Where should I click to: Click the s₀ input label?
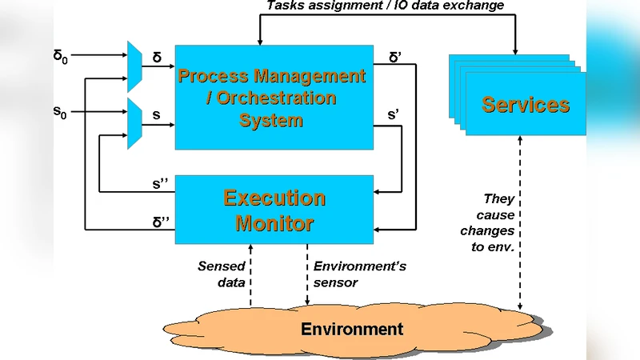tap(60, 113)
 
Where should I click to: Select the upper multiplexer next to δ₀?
tap(134, 65)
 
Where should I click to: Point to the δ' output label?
tap(395, 58)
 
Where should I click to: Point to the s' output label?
tap(394, 115)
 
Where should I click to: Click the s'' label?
tap(160, 183)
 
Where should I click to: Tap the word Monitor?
tap(274, 223)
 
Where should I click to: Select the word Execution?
tap(274, 198)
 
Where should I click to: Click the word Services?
tap(526, 105)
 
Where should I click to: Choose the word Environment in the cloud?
tap(352, 329)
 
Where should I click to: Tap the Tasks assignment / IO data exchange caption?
tap(385, 6)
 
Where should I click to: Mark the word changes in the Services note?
tap(487, 230)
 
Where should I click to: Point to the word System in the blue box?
tap(271, 121)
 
